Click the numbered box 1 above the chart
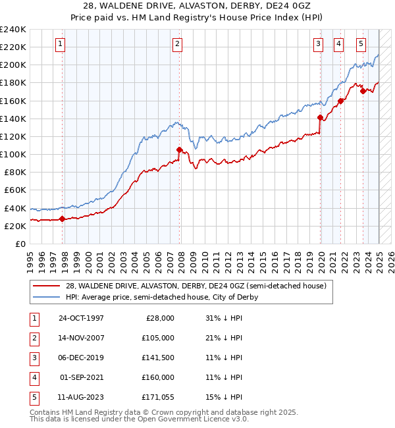click(60, 44)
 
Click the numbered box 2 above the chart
click(178, 44)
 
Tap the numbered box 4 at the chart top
click(338, 44)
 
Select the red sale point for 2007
click(179, 149)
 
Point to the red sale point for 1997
click(62, 219)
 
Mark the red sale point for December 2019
click(320, 118)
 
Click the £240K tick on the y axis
click(13, 30)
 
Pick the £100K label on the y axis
click(13, 154)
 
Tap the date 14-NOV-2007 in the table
click(81, 338)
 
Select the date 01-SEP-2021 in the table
click(81, 377)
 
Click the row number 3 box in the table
click(34, 358)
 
